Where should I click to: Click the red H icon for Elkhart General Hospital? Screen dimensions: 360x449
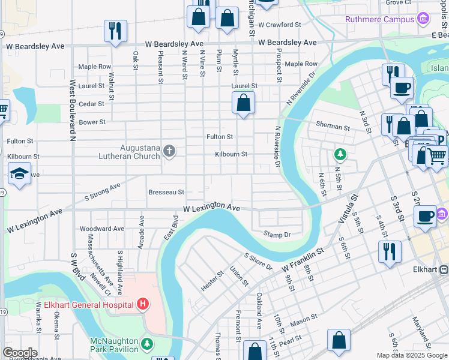click(142, 305)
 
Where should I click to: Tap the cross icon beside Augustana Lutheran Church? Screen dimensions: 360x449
click(169, 151)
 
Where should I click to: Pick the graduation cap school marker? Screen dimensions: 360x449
click(19, 174)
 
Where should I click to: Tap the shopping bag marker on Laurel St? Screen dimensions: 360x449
click(243, 103)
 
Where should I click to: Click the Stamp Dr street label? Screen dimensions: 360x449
click(277, 234)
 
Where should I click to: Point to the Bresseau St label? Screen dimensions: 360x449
click(166, 192)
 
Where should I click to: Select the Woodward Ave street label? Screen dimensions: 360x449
click(102, 229)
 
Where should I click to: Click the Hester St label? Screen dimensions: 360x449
click(212, 281)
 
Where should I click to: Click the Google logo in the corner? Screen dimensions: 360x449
click(20, 353)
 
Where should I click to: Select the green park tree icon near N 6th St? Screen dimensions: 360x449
click(340, 155)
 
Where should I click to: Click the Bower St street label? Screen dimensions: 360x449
click(92, 122)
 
